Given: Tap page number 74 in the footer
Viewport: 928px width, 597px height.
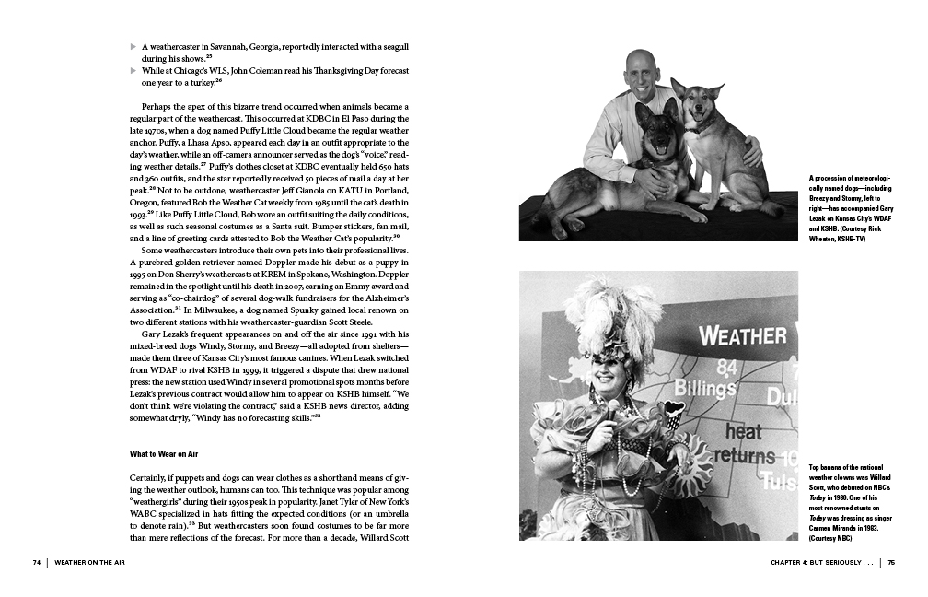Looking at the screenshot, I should (x=37, y=562).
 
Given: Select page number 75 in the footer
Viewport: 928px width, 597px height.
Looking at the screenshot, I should (x=891, y=562).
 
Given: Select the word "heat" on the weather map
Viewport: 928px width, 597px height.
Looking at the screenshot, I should (x=743, y=430).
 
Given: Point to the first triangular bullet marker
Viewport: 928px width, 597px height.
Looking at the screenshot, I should (x=133, y=46).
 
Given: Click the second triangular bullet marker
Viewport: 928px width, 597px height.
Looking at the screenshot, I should (x=133, y=70).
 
